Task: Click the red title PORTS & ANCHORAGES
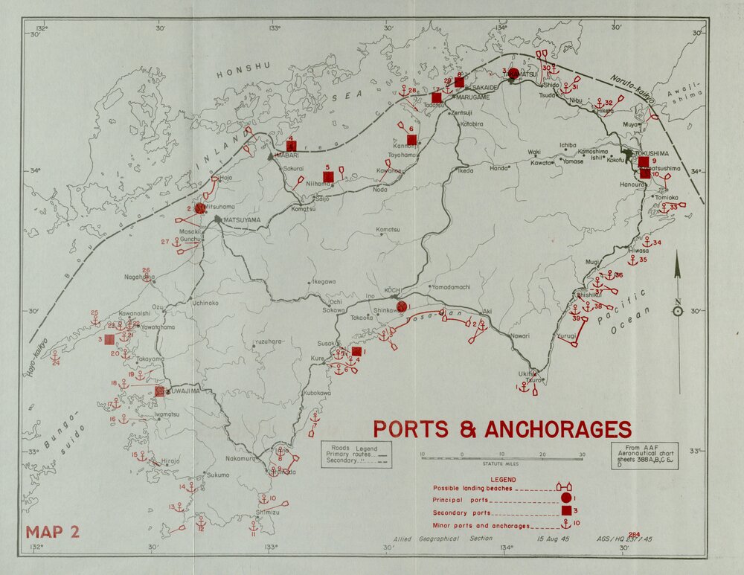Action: click(502, 429)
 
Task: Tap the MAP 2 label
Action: click(53, 532)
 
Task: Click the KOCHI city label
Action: click(393, 289)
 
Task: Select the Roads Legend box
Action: click(354, 454)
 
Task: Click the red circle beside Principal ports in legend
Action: click(565, 498)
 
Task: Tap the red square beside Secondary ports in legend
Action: click(565, 511)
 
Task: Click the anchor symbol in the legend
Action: click(565, 524)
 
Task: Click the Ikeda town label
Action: click(465, 170)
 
